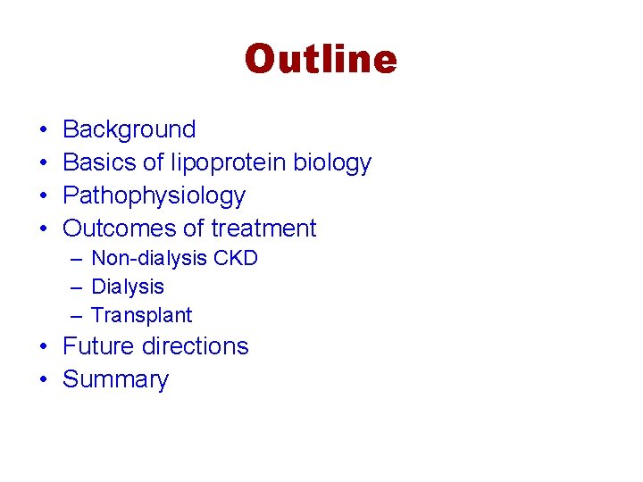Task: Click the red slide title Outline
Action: pos(321,60)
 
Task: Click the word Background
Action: pos(129,129)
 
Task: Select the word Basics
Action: pos(96,162)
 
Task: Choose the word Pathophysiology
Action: pos(154,196)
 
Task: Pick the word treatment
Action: pos(263,229)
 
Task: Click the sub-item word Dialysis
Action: pos(128,287)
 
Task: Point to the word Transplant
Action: pos(141,316)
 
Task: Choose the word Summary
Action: pos(115,380)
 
